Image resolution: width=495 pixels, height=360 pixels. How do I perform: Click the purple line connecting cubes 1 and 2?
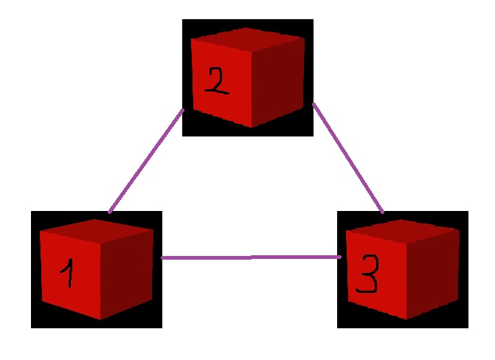(x=146, y=161)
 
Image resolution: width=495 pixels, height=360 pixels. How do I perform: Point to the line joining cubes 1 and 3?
(x=251, y=257)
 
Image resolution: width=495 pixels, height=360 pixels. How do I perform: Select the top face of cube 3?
(x=403, y=229)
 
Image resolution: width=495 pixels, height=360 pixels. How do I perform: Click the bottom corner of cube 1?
(x=100, y=319)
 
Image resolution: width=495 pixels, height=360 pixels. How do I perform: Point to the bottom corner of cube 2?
(x=251, y=127)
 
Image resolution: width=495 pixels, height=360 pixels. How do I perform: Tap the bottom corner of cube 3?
(x=406, y=319)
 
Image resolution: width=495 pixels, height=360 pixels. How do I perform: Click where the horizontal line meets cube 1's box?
(x=162, y=257)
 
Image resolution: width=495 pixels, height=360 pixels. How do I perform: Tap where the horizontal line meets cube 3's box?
(x=338, y=257)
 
